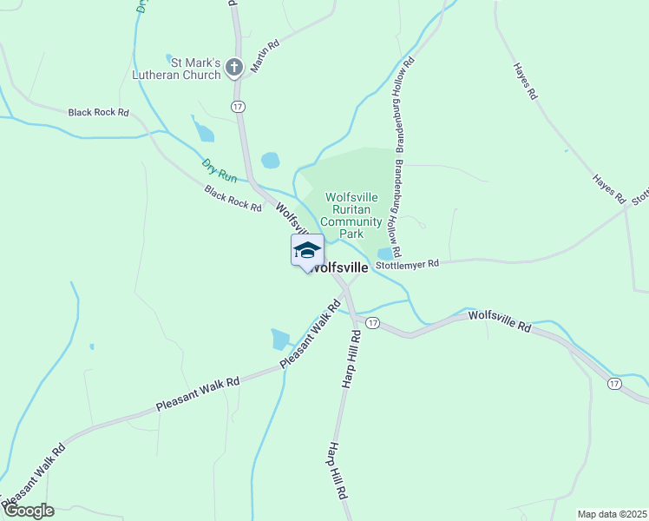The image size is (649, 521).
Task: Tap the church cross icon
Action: pyautogui.click(x=233, y=67)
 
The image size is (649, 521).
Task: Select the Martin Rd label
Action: pyautogui.click(x=265, y=56)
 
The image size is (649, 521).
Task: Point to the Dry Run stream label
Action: pyautogui.click(x=219, y=169)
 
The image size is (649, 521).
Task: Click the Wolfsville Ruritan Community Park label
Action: pyautogui.click(x=351, y=215)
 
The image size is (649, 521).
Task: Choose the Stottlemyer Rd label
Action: pyautogui.click(x=407, y=263)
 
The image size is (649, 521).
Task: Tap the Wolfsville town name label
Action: pyautogui.click(x=339, y=267)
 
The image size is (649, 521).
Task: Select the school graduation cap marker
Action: pyautogui.click(x=306, y=251)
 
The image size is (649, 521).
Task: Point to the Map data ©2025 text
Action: pyautogui.click(x=611, y=514)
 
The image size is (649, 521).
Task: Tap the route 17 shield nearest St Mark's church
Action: pyautogui.click(x=238, y=105)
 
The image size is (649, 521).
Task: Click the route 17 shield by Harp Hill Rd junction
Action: pyautogui.click(x=372, y=322)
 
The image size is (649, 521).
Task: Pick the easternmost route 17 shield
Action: pyautogui.click(x=614, y=383)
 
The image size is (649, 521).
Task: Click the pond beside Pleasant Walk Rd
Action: pyautogui.click(x=280, y=339)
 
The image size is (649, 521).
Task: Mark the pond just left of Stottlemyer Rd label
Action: pyautogui.click(x=384, y=254)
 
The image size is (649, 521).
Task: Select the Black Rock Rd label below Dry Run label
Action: pyautogui.click(x=233, y=199)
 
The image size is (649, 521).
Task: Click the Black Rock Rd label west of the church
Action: pyautogui.click(x=98, y=112)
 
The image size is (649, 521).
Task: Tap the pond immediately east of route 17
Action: pyautogui.click(x=271, y=161)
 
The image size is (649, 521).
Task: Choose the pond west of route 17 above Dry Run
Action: pyautogui.click(x=205, y=132)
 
